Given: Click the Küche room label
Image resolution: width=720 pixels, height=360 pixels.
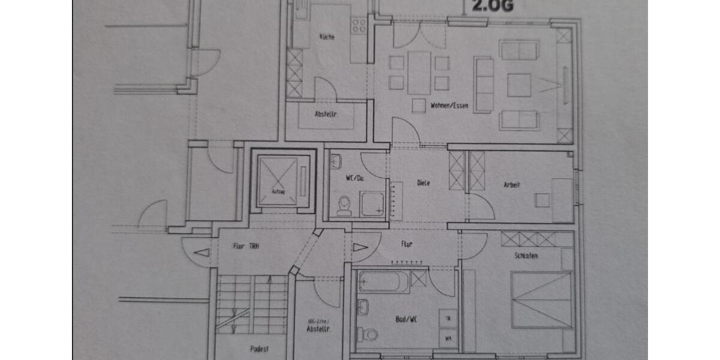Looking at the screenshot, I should [x=327, y=37].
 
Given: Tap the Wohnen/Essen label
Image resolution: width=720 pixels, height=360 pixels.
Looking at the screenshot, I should [x=449, y=106].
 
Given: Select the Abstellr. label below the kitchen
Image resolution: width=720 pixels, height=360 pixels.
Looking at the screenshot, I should [x=326, y=114].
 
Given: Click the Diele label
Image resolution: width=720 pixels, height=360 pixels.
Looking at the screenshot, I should [x=424, y=182].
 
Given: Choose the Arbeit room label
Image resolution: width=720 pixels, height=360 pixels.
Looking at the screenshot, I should [x=511, y=184].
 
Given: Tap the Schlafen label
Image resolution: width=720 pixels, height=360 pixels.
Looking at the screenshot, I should [x=526, y=256].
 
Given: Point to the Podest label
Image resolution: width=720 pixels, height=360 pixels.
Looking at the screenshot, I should [x=260, y=348].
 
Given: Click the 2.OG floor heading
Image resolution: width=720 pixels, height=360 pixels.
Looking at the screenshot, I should [x=493, y=7].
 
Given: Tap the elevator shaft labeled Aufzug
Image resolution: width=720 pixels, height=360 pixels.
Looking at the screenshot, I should [x=278, y=180].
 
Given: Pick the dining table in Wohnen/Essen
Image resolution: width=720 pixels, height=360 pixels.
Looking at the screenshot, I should [x=419, y=73].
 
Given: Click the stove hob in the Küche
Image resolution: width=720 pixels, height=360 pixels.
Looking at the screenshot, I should [x=359, y=26].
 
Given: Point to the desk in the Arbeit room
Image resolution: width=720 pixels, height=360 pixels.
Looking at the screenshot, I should [x=562, y=200].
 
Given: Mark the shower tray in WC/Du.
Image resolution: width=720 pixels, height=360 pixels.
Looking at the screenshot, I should [x=372, y=203].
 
